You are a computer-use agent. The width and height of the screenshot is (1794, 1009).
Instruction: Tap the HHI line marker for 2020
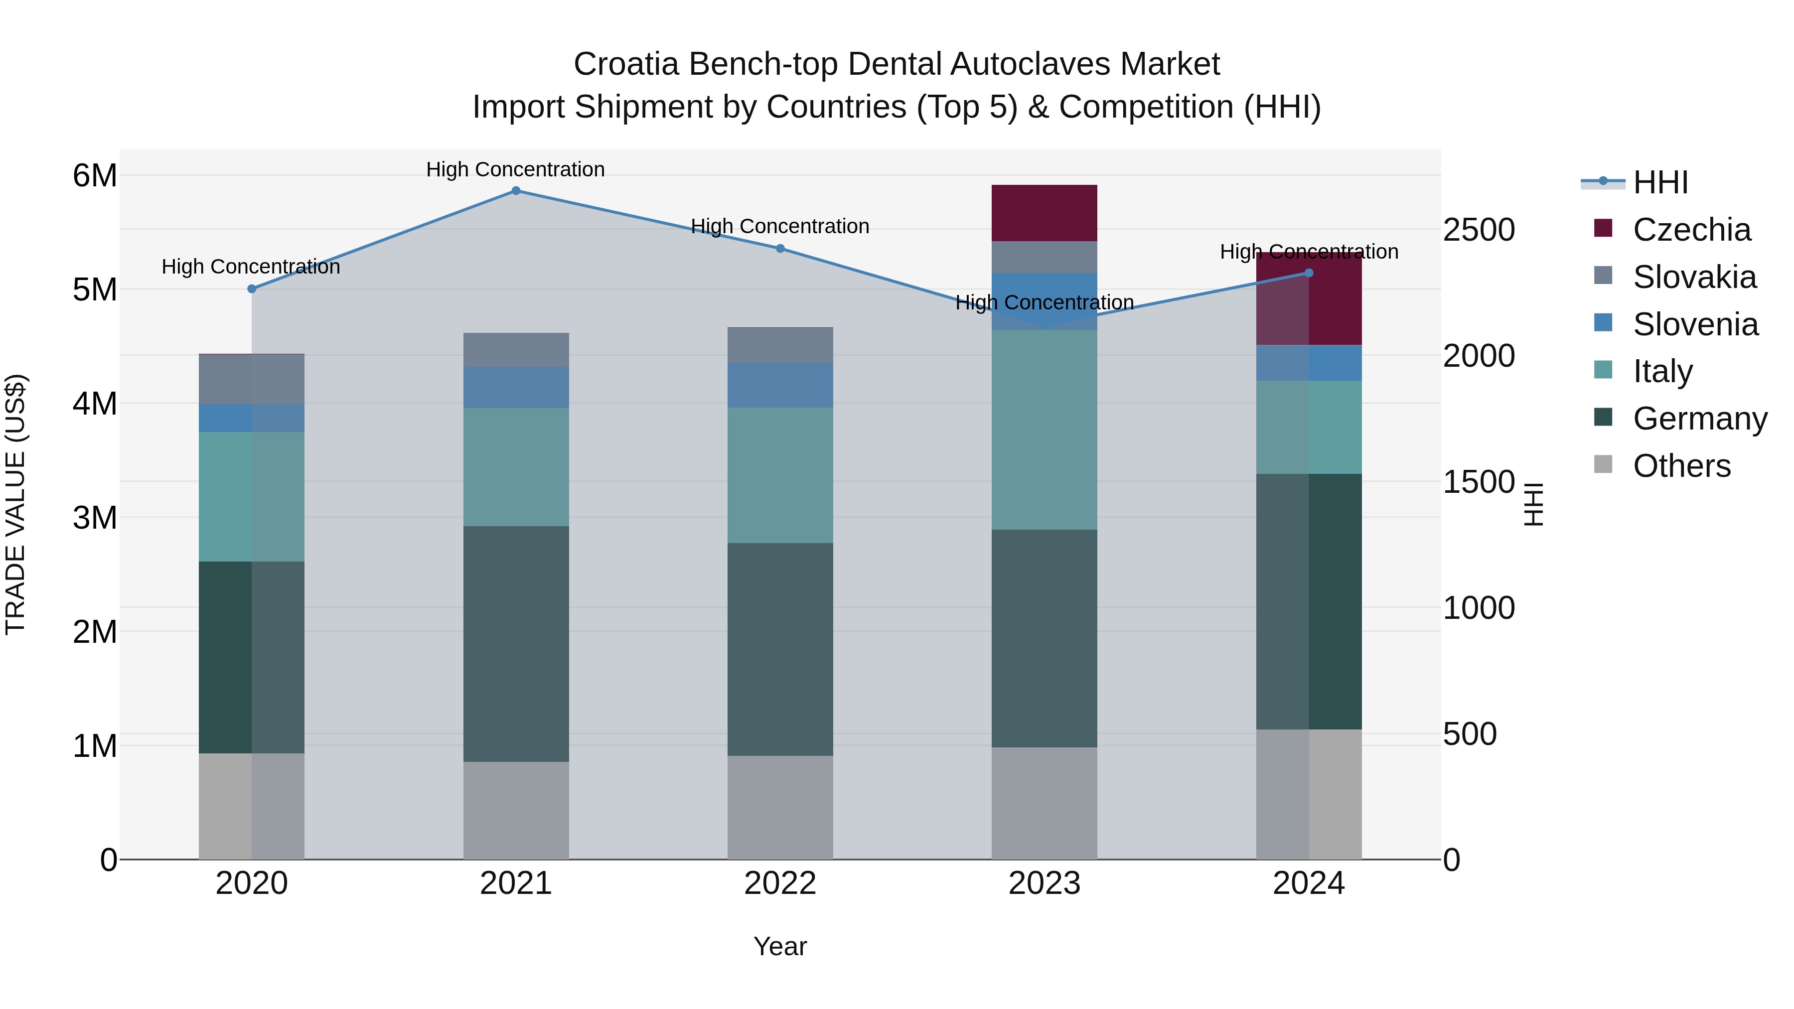pos(252,289)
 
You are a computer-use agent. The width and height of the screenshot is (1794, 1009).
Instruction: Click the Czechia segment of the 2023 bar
pos(1044,213)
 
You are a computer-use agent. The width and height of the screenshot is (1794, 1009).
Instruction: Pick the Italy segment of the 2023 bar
pos(1044,430)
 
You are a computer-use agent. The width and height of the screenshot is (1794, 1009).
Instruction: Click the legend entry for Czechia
pos(1691,230)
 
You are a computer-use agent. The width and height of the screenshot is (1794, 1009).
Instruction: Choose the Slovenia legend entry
pos(1695,324)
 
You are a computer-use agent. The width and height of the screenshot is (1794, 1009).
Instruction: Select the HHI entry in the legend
pos(1660,182)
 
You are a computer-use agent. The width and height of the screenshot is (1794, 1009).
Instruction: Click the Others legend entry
pos(1681,466)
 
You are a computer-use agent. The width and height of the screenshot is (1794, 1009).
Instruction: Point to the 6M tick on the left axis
pos(95,175)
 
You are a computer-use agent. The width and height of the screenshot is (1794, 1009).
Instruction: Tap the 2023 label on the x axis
pos(1044,883)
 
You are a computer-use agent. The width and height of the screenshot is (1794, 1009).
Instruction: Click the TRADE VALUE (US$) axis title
pos(15,504)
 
